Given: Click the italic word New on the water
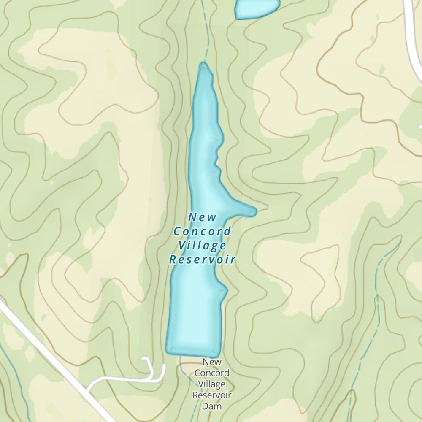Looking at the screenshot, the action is pyautogui.click(x=202, y=217).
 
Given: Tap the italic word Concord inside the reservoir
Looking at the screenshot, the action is pyautogui.click(x=203, y=231).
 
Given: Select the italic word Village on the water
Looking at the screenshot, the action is pyautogui.click(x=202, y=245).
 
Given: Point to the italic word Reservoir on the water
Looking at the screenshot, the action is pyautogui.click(x=202, y=259).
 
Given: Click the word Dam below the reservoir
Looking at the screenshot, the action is pyautogui.click(x=211, y=407).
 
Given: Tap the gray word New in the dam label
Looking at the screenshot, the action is pyautogui.click(x=211, y=362).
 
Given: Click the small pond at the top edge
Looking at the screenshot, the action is pyautogui.click(x=257, y=8).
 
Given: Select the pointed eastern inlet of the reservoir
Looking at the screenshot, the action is pyautogui.click(x=252, y=210).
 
